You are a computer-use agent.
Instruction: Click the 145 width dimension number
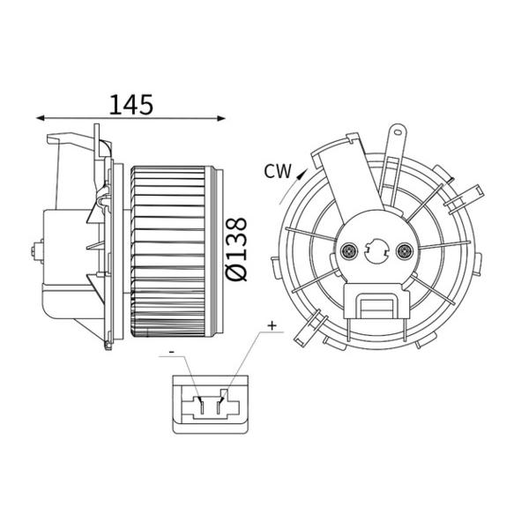tap(131, 104)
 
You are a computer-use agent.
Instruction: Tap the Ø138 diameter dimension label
tap(236, 250)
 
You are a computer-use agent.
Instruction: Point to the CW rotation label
tap(278, 171)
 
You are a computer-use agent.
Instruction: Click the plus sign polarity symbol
tap(272, 325)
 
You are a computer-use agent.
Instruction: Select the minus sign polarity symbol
tap(171, 352)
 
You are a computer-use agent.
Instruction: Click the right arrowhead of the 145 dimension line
tap(221, 118)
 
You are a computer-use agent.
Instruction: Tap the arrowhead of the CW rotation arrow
tap(301, 174)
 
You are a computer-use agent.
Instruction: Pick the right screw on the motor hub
tap(404, 251)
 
